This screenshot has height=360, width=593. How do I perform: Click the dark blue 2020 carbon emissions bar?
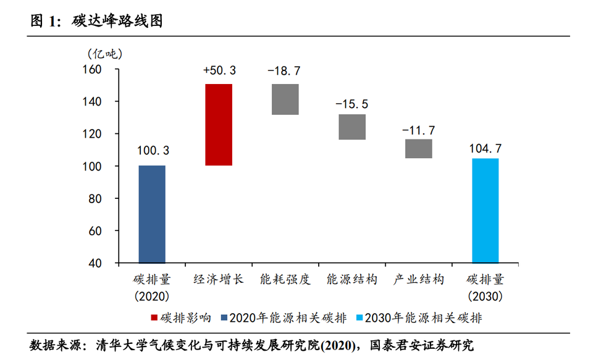pos(152,214)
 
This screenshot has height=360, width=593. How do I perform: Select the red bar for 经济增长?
pos(219,125)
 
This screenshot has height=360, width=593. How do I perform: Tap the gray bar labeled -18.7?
pos(285,99)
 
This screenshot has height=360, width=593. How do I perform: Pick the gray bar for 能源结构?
pos(352,127)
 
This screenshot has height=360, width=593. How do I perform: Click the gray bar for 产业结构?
pos(418,148)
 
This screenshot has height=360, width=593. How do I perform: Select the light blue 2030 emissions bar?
pos(485,211)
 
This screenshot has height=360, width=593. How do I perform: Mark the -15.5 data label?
pos(351,103)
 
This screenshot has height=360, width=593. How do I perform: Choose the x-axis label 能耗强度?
pos(285,279)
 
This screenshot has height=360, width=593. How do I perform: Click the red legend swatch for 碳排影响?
pos(155,318)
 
